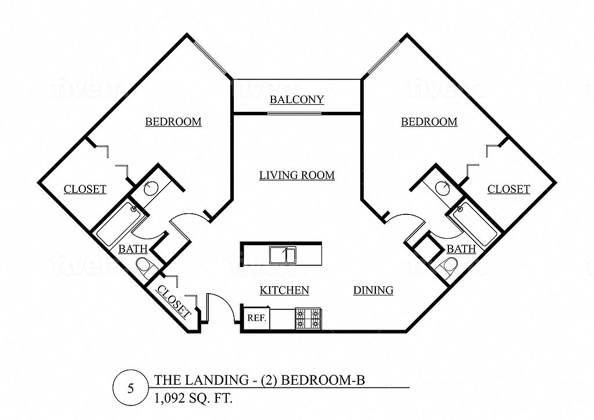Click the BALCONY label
(x=296, y=100)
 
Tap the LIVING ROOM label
(x=297, y=175)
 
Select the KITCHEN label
(x=284, y=290)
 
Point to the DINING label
(x=373, y=290)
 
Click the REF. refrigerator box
(x=256, y=317)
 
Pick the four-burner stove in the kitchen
(x=309, y=319)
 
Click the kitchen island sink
(x=283, y=255)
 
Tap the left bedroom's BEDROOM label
(x=173, y=122)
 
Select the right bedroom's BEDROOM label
(x=429, y=122)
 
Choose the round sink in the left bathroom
(x=151, y=187)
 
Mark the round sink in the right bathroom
(x=441, y=187)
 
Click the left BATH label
(x=133, y=249)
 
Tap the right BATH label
(x=461, y=249)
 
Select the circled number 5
(x=131, y=389)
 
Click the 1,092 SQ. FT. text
(x=193, y=399)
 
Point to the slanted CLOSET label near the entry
(x=174, y=302)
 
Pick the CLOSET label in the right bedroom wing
(x=508, y=189)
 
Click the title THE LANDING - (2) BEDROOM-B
(x=259, y=379)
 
